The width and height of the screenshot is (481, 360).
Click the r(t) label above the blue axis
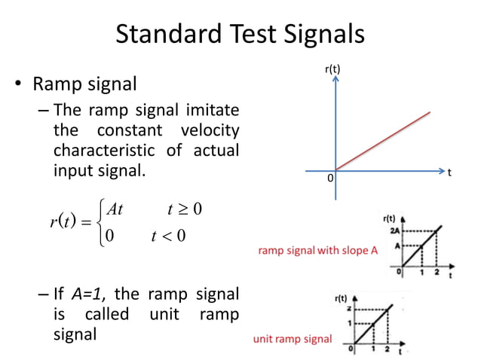(x=332, y=69)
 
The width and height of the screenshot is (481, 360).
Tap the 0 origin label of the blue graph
(x=329, y=179)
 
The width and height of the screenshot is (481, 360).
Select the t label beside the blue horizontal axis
(x=449, y=172)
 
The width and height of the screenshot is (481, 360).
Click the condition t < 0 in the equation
(x=167, y=236)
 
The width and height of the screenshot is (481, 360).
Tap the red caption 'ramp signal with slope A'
(x=317, y=251)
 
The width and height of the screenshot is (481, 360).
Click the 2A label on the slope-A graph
(x=394, y=230)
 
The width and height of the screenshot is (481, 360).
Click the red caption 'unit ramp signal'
(x=292, y=339)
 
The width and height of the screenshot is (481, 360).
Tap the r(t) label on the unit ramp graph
(x=341, y=299)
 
